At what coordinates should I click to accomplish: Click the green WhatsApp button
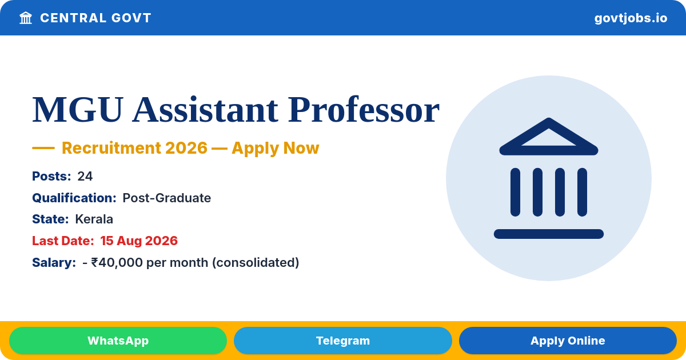pos(118,341)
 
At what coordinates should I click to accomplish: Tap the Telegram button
pos(342,341)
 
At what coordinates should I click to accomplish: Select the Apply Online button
pos(568,341)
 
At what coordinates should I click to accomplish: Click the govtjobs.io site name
pos(631,18)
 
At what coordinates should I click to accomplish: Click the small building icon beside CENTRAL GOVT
pos(26,18)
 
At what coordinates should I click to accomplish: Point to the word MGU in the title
pos(78,110)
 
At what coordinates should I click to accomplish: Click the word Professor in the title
pos(364,110)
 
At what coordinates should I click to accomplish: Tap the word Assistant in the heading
pos(205,110)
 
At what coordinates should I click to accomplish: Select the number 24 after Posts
pos(85,177)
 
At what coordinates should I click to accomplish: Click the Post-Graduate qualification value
pos(166,198)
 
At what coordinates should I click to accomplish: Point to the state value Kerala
pos(94,219)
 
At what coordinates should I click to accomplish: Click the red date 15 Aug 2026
pos(139,241)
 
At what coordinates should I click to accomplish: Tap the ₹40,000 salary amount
pos(117,263)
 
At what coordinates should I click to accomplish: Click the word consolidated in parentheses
pos(256,263)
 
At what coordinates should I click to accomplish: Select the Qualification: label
pos(74,198)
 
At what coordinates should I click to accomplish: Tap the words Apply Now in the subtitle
pos(276,149)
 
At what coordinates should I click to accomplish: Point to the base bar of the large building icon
pos(549,234)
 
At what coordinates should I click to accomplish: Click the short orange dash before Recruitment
pos(43,148)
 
